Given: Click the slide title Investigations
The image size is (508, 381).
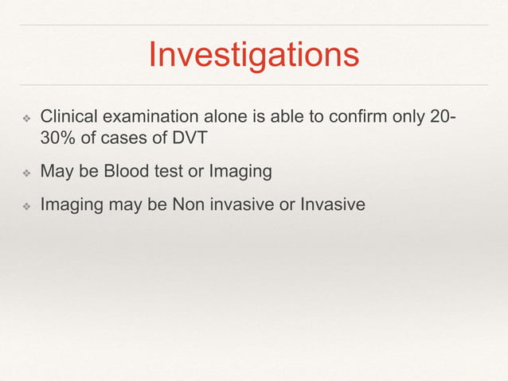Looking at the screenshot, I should [253, 55].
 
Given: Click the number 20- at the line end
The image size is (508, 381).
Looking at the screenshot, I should [442, 118].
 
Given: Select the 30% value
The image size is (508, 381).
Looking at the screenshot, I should [59, 138].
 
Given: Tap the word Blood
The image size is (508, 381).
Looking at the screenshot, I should [119, 171].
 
